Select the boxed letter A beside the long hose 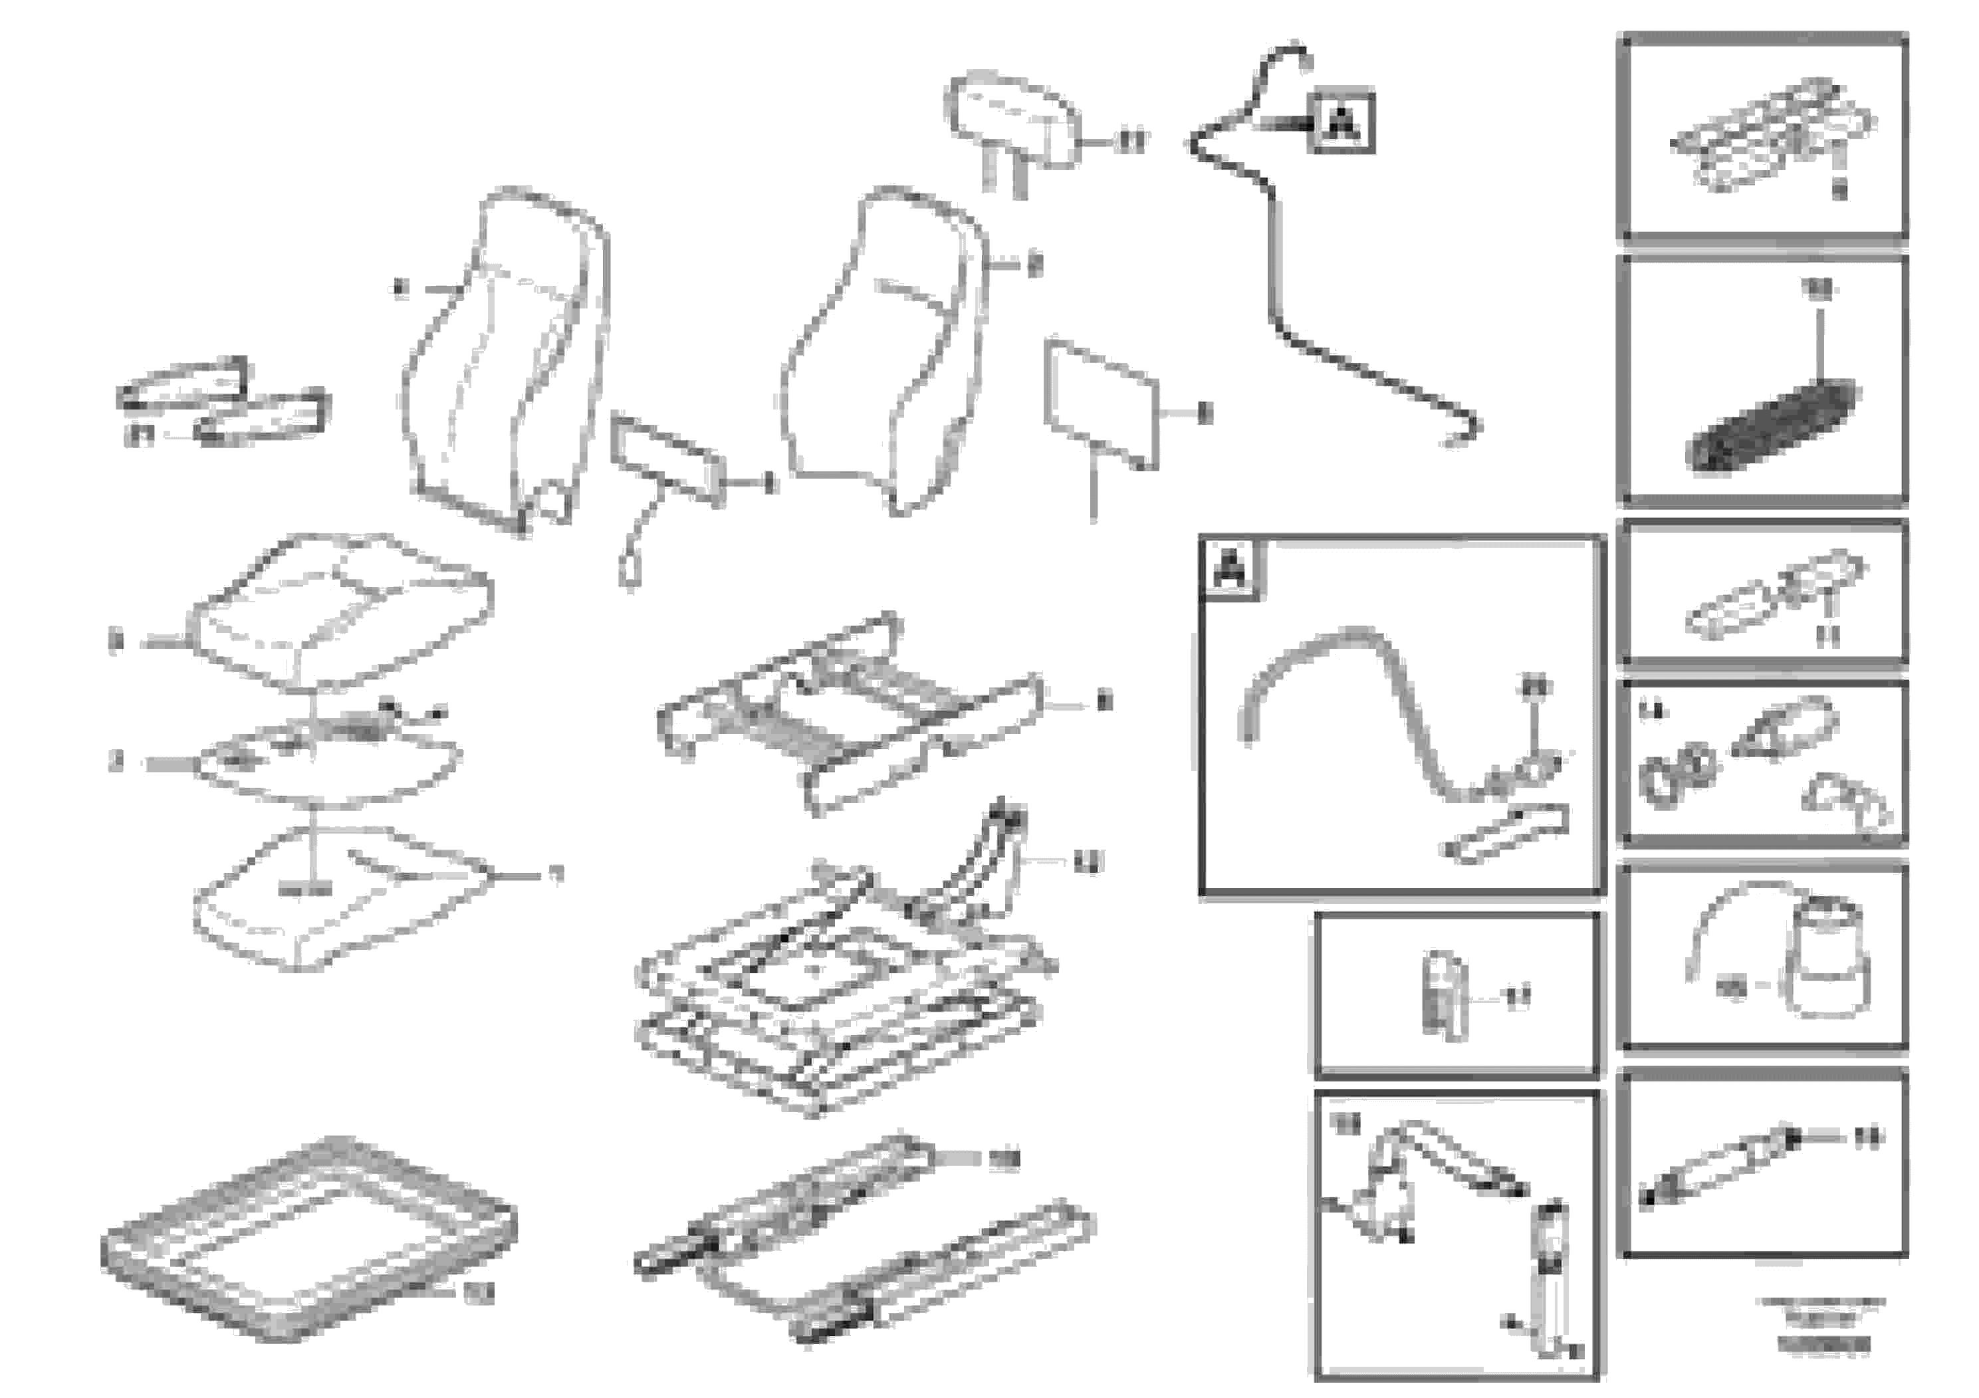pos(1341,122)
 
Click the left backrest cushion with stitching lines pos(505,354)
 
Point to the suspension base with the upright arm pos(845,991)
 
